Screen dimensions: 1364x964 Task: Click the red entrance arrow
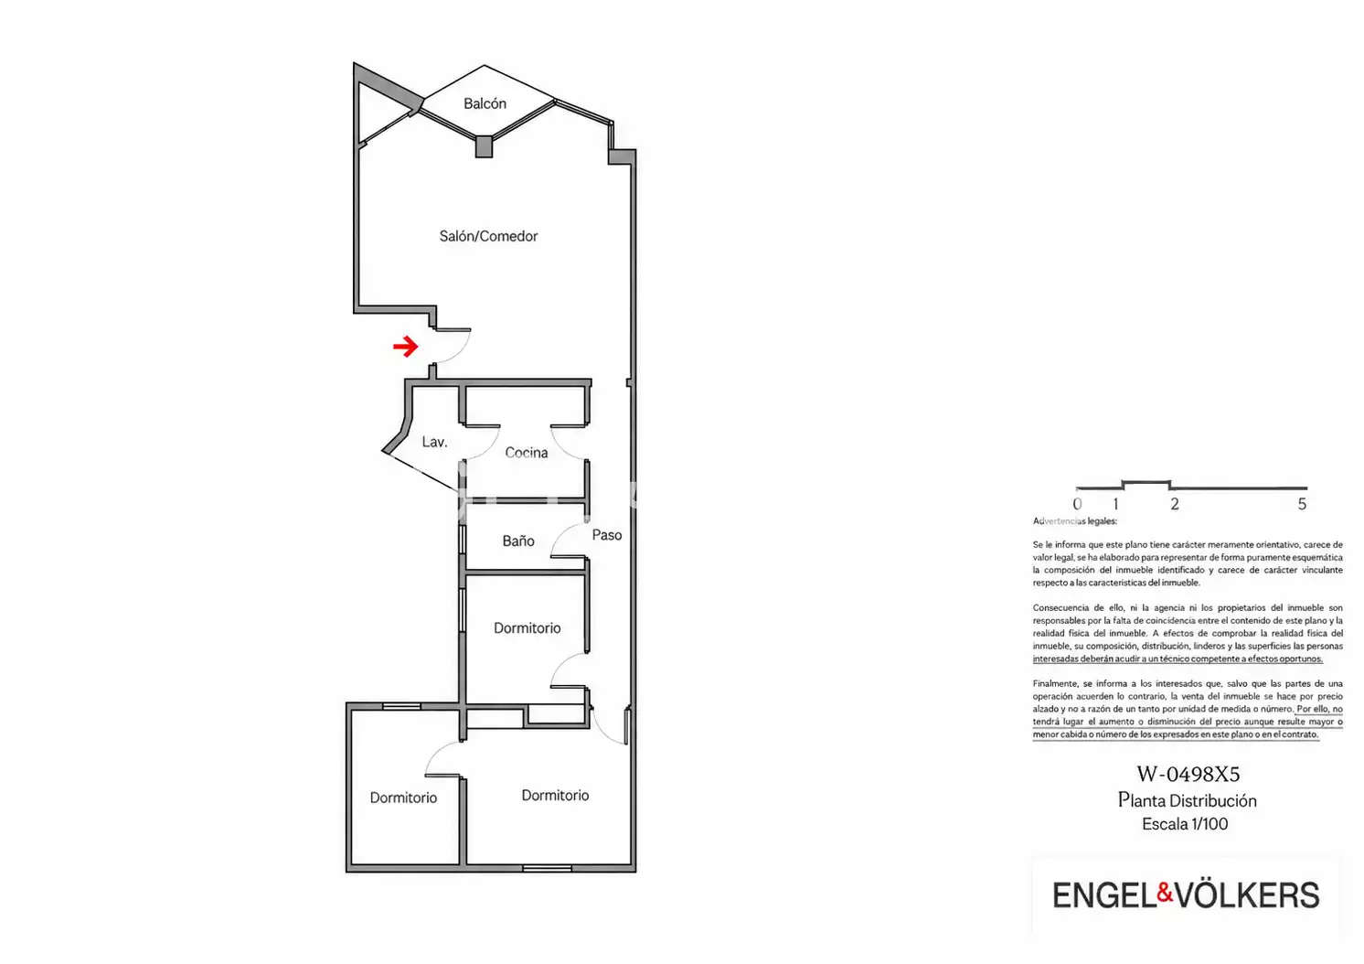point(406,347)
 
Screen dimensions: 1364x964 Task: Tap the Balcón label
point(485,103)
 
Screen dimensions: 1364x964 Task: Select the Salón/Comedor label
point(488,236)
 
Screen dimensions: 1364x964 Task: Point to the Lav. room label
point(434,442)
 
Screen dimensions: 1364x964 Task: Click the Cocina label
point(526,453)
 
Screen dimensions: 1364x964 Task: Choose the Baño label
point(518,541)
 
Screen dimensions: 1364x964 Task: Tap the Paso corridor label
point(607,535)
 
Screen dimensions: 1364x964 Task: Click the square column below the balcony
point(484,147)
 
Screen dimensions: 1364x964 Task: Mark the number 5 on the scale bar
point(1302,504)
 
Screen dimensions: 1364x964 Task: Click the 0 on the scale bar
point(1077,504)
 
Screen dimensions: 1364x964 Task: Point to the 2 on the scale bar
point(1175,504)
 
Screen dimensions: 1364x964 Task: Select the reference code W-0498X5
point(1188,774)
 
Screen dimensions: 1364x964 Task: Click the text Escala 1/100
point(1185,824)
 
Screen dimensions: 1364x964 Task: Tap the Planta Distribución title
point(1188,800)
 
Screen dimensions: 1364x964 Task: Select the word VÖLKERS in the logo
point(1247,894)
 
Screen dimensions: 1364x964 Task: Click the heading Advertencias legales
point(1075,521)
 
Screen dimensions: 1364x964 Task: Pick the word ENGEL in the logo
point(1104,895)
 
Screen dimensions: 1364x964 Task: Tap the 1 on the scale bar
point(1115,504)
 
